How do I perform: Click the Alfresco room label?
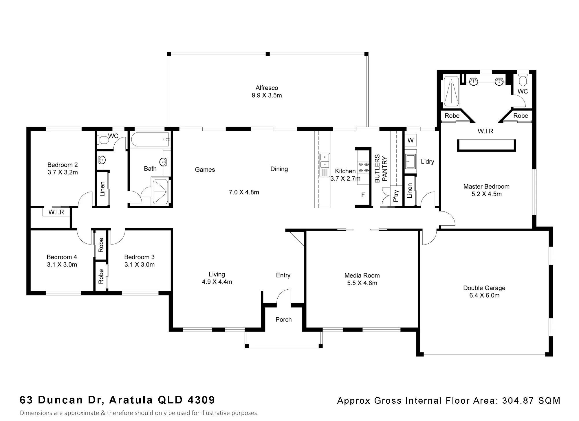267,88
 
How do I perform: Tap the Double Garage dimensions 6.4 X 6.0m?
484,295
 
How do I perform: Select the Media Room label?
362,275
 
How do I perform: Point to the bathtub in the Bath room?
150,139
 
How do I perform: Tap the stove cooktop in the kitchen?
364,167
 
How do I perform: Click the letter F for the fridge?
363,195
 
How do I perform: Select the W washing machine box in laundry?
411,140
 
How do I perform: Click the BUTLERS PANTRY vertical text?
381,169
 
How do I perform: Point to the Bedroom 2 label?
63,165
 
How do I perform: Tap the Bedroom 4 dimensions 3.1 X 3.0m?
62,264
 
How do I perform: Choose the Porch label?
283,319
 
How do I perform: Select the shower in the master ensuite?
451,91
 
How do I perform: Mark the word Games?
205,170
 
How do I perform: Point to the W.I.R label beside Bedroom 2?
56,212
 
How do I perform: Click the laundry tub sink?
411,161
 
